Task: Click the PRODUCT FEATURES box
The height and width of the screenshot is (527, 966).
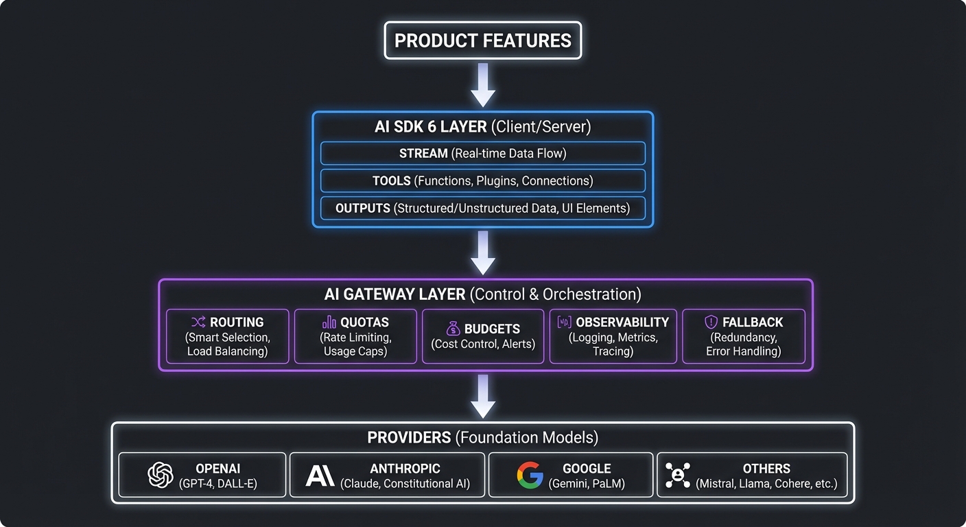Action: [482, 40]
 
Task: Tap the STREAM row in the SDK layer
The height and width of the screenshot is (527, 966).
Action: [482, 154]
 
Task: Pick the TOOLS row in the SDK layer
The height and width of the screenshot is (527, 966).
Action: [482, 181]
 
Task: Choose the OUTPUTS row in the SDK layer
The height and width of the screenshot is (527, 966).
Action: [482, 208]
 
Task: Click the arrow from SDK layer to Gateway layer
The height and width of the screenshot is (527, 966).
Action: [483, 253]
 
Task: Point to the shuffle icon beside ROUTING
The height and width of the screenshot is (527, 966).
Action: [198, 323]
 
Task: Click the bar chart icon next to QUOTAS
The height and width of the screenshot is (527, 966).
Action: [329, 323]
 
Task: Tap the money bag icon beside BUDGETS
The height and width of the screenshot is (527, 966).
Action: [453, 329]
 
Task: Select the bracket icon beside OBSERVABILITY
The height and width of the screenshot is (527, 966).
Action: [564, 323]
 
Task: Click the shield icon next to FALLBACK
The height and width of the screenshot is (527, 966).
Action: [711, 323]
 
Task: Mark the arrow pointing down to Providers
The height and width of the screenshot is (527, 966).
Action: [483, 396]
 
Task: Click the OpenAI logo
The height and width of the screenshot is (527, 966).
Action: [161, 475]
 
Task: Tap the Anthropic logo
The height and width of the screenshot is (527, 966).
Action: [320, 475]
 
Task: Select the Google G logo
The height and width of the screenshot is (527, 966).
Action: [530, 475]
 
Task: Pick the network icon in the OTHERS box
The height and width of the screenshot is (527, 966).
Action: [677, 475]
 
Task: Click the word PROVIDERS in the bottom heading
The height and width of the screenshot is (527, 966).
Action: [409, 438]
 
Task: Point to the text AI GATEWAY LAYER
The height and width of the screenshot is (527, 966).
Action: [394, 294]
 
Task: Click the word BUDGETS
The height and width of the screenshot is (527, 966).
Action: [492, 329]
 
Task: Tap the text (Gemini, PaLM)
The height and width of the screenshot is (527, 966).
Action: [587, 484]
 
